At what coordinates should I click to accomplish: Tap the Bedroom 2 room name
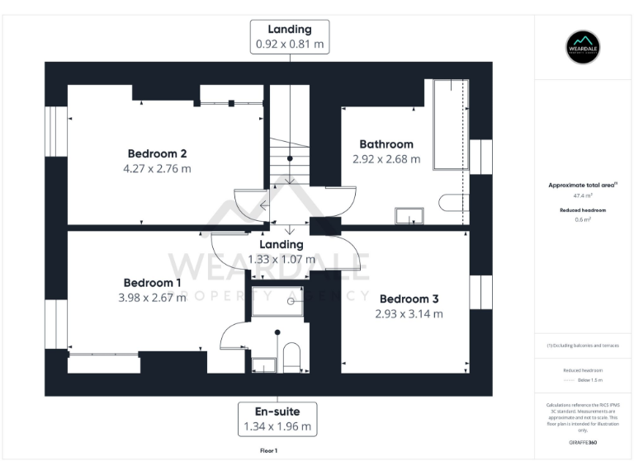(157, 153)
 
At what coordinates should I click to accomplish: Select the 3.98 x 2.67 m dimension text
(152, 297)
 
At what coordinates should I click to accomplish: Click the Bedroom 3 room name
(408, 299)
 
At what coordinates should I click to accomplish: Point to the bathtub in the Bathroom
(447, 124)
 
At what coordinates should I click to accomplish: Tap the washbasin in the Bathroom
(409, 216)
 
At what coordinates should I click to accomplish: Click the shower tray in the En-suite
(277, 302)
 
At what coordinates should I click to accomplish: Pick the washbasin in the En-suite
(263, 364)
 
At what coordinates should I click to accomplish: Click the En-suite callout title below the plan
(277, 411)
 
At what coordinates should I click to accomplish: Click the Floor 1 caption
(269, 451)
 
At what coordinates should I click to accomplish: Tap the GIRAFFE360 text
(583, 443)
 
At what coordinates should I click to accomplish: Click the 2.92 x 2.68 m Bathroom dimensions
(386, 159)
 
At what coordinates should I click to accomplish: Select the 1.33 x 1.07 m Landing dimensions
(282, 259)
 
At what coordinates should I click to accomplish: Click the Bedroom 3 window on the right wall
(480, 293)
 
